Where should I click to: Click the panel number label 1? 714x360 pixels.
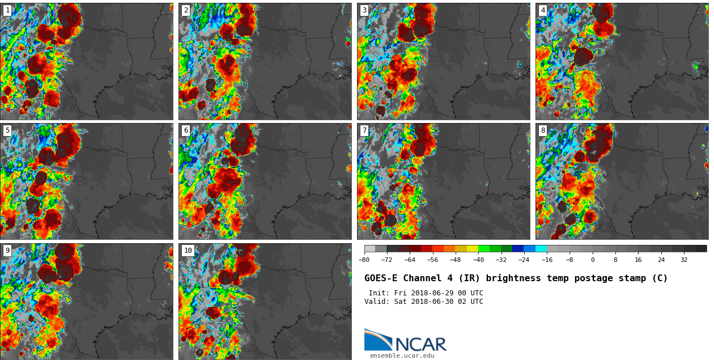click(7, 10)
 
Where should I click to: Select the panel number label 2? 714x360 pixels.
click(186, 10)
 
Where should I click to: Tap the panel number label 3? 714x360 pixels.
click(364, 10)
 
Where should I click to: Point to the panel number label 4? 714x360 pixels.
click(542, 10)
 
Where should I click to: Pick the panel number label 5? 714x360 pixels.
click(7, 130)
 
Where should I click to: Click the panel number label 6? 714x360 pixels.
click(186, 130)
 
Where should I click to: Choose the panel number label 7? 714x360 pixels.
click(364, 130)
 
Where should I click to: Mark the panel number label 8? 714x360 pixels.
click(542, 130)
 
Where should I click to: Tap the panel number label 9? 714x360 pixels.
click(7, 251)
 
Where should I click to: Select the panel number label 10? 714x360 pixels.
click(188, 251)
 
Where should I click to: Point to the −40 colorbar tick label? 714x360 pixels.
click(478, 260)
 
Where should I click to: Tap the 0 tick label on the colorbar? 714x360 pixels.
click(593, 260)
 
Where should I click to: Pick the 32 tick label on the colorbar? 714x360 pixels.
click(684, 260)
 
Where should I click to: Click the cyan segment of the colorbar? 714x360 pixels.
click(541, 248)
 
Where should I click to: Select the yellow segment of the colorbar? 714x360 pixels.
click(473, 248)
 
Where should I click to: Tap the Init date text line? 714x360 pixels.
click(426, 293)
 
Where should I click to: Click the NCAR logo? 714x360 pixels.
click(405, 341)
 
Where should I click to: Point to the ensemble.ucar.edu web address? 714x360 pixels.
click(402, 356)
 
